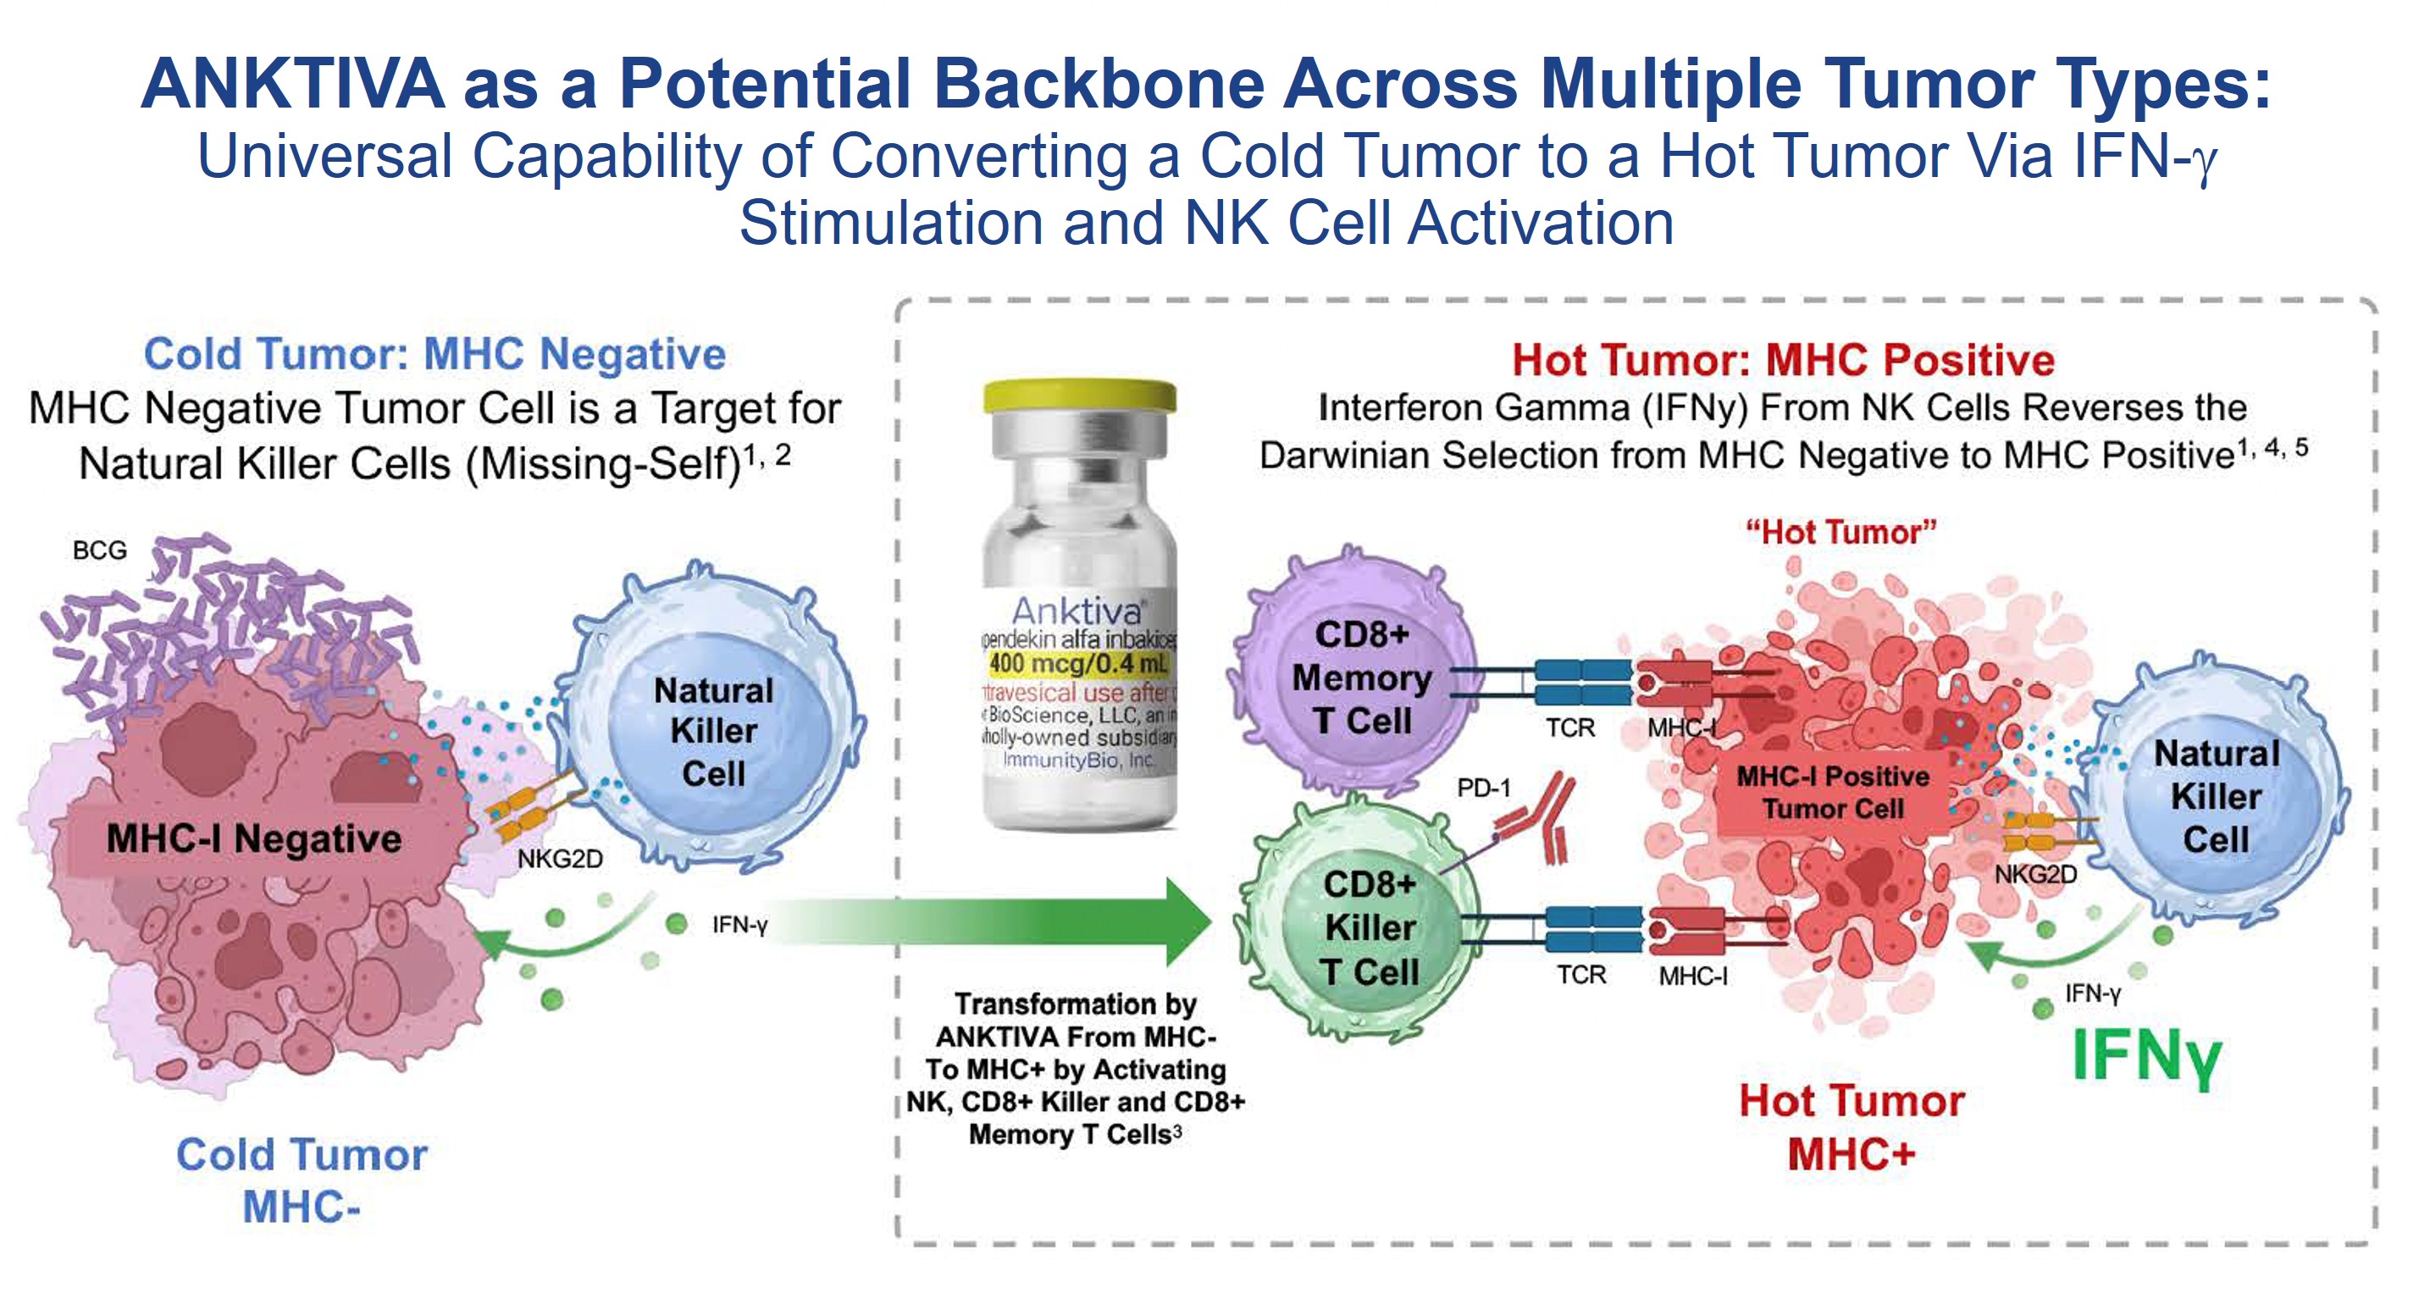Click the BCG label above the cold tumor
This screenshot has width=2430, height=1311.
(x=99, y=550)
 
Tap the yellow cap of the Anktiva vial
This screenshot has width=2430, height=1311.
(x=1079, y=396)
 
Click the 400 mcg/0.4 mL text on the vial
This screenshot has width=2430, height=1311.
(x=1077, y=663)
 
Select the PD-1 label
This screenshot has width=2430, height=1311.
(x=1483, y=788)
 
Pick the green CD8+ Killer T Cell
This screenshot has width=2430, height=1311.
(x=1364, y=924)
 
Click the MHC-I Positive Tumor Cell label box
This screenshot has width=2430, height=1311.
(x=1832, y=792)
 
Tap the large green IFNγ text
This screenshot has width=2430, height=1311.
(x=2145, y=1055)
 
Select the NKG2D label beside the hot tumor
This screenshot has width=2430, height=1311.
(x=2034, y=874)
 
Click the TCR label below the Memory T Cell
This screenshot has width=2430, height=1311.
(x=1569, y=728)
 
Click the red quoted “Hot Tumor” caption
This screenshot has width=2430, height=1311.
(x=1840, y=532)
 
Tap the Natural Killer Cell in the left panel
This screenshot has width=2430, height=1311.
(x=712, y=731)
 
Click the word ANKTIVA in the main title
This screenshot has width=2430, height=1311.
(x=292, y=83)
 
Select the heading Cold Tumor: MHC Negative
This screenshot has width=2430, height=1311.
(x=434, y=355)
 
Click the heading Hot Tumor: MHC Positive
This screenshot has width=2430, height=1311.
(x=1782, y=359)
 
